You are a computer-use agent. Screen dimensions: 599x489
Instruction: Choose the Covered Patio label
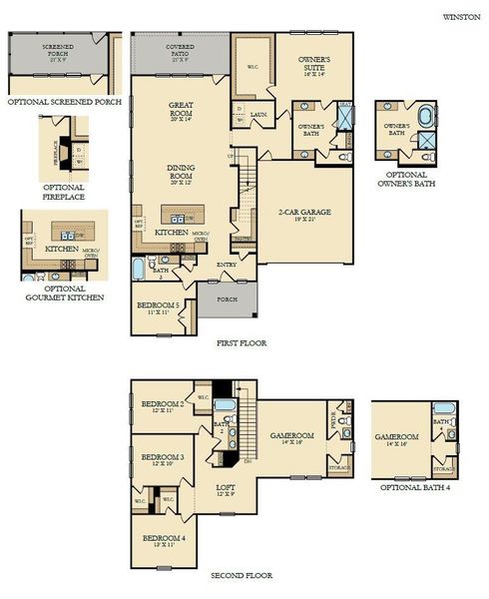pos(181,50)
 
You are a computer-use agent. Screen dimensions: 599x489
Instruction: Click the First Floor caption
pos(242,342)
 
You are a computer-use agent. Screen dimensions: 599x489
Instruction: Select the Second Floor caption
pos(241,576)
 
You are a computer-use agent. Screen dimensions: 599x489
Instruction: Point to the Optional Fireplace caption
pos(63,192)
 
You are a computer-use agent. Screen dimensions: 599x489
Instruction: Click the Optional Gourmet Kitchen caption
pos(63,293)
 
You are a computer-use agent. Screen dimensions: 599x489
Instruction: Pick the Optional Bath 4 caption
pos(413,487)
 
